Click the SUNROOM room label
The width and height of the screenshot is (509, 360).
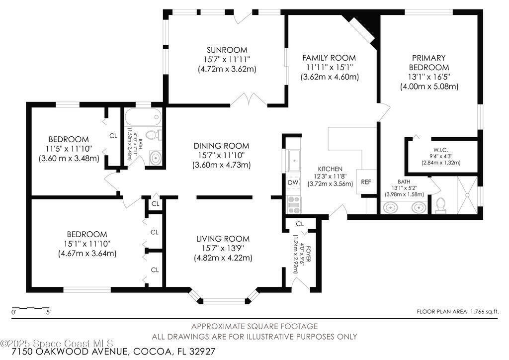pyautogui.click(x=227, y=50)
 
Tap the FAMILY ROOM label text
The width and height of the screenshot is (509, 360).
pyautogui.click(x=329, y=58)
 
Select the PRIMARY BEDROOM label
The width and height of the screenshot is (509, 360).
pyautogui.click(x=429, y=63)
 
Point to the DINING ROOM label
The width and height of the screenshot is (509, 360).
pyautogui.click(x=221, y=146)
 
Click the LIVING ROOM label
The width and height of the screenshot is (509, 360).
pyautogui.click(x=223, y=239)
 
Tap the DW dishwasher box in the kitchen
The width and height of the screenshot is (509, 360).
pyautogui.click(x=293, y=182)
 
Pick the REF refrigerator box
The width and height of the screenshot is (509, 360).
pyautogui.click(x=366, y=182)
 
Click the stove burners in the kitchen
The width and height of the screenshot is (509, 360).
pyautogui.click(x=294, y=205)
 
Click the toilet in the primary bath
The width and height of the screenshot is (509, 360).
pyautogui.click(x=440, y=206)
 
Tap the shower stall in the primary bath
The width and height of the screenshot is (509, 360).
pyautogui.click(x=467, y=195)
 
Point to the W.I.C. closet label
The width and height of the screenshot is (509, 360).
pyautogui.click(x=440, y=150)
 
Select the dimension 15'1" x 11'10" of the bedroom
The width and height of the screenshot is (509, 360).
pyautogui.click(x=87, y=244)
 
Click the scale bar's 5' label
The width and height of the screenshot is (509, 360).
pyautogui.click(x=48, y=313)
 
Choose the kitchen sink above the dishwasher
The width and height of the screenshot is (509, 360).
pyautogui.click(x=294, y=161)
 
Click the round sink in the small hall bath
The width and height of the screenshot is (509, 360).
pyautogui.click(x=156, y=158)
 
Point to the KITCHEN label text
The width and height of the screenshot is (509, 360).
pyautogui.click(x=330, y=169)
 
